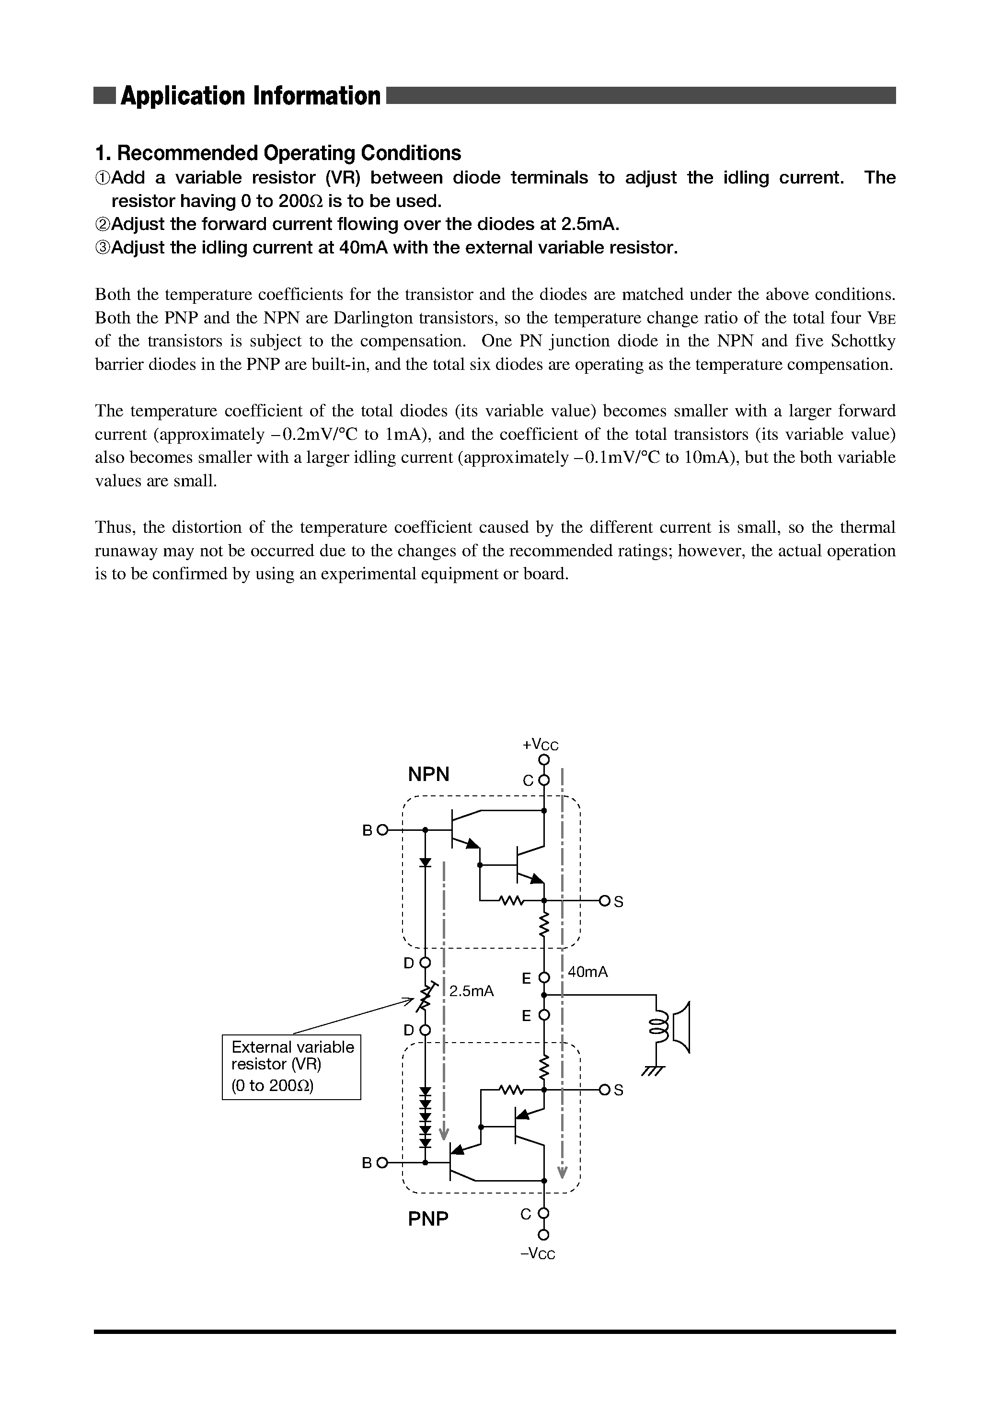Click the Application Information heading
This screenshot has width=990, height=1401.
[250, 96]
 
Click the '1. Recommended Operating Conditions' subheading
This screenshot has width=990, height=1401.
[278, 152]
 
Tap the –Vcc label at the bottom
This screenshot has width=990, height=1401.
[538, 1253]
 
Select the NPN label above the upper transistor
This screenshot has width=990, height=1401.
[428, 774]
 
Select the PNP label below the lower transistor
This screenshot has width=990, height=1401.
[428, 1218]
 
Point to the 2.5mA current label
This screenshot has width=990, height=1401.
[471, 991]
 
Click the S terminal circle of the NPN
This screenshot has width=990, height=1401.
[604, 901]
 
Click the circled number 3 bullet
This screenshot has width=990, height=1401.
[103, 248]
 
